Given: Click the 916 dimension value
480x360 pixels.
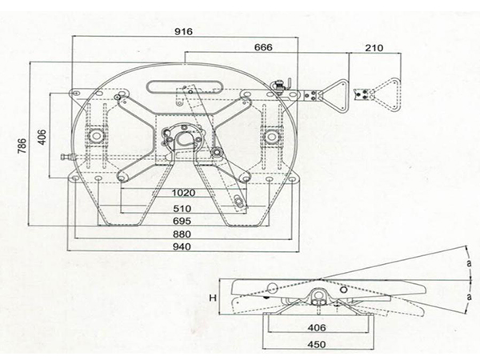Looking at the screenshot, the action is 183,31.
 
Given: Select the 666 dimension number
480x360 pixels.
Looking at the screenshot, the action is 263,47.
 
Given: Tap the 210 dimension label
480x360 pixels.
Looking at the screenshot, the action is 374,48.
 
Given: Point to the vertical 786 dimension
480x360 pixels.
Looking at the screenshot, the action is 22,146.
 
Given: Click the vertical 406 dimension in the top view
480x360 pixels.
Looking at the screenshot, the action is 42,138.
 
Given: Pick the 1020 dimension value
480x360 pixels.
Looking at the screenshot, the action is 183,193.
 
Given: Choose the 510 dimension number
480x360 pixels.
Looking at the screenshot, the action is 182,209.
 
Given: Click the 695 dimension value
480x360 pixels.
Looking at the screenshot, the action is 182,221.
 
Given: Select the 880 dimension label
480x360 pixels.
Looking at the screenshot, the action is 182,234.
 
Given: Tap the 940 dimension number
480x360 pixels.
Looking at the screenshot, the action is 182,246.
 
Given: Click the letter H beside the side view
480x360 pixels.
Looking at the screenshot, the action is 213,298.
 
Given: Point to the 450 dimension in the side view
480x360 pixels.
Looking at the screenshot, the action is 317,345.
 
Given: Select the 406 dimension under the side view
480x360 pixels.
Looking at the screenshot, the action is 317,328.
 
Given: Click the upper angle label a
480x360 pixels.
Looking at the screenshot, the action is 469,263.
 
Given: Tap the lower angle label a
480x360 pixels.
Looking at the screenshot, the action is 470,296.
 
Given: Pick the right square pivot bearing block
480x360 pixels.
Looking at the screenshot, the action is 271,136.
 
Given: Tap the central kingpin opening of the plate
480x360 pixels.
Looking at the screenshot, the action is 184,138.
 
